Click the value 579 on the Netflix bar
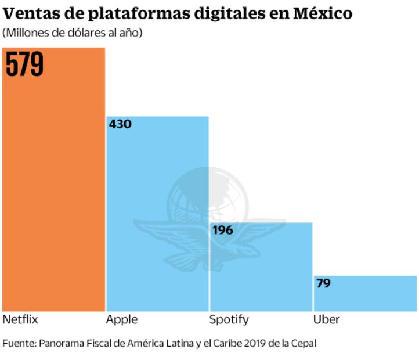tap(25, 63)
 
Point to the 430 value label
tap(120, 124)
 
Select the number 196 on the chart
tap(223, 230)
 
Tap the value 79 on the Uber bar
tap(323, 283)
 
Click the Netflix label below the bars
tap(20, 320)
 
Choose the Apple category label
tap(122, 320)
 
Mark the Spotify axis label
tap(229, 320)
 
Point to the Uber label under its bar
tap(326, 320)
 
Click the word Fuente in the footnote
tap(18, 343)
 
